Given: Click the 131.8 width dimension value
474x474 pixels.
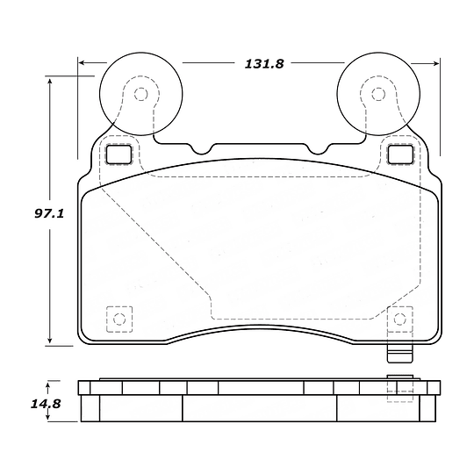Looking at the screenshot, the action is pos(264,64).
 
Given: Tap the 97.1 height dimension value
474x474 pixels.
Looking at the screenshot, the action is pos(49,213).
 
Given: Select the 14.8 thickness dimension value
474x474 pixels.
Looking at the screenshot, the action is pos(46,404).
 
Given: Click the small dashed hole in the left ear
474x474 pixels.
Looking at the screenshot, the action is pos(140,94).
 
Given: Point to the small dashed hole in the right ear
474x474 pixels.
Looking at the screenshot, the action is pos(378,94).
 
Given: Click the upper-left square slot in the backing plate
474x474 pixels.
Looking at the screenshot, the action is pos(118,154).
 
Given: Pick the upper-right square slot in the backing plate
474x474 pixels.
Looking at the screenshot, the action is pos(400,154).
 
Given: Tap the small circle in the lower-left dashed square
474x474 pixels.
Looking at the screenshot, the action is pos(119,319).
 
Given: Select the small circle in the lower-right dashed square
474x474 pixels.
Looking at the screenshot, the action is pos(399,319).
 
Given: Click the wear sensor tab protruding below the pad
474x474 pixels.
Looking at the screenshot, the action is pos(400,354).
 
